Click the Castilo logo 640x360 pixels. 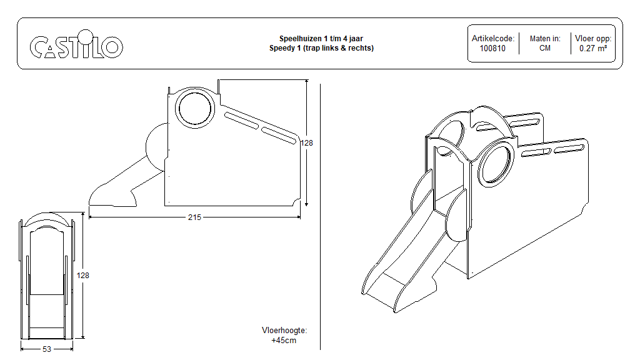point(76,46)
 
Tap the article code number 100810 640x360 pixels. point(492,48)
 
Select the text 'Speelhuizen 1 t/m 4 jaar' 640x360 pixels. point(321,39)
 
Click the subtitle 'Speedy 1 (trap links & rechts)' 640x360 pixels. point(321,48)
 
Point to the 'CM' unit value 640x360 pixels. point(544,48)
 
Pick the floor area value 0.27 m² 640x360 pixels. point(592,48)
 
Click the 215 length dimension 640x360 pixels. point(194,217)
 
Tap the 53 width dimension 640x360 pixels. point(47,349)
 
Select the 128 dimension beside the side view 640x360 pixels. point(307,142)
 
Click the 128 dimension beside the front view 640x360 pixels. point(83,275)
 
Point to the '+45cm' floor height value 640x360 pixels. point(284,341)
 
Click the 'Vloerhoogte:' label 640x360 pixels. point(284,331)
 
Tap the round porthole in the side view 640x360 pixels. point(195,108)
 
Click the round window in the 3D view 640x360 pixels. point(497,164)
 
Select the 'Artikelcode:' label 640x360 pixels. point(492,39)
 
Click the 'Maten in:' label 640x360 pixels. point(544,39)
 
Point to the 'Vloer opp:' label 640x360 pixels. point(592,39)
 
